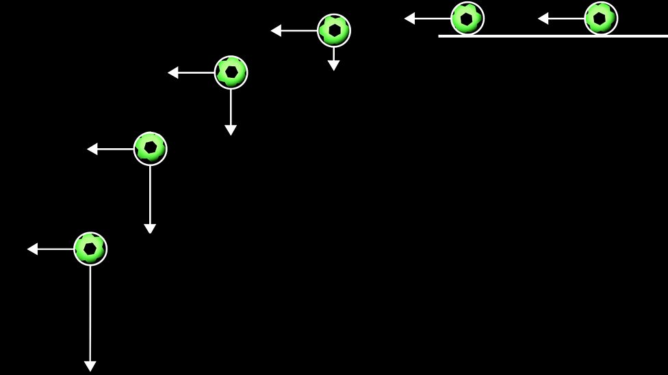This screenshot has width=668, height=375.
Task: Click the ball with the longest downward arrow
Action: click(x=90, y=249)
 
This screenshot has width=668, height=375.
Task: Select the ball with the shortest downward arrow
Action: click(x=334, y=31)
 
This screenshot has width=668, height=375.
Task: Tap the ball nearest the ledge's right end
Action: click(x=601, y=18)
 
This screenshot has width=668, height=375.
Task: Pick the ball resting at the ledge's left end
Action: click(x=467, y=18)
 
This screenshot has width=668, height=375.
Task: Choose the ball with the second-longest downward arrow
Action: click(x=150, y=148)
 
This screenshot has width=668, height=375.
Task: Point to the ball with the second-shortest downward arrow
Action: click(x=231, y=72)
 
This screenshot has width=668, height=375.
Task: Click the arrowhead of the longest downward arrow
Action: click(x=90, y=366)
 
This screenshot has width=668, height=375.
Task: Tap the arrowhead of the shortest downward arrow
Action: click(x=333, y=66)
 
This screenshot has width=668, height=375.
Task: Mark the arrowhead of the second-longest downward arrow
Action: click(x=150, y=229)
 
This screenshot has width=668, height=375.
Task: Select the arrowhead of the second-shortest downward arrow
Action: click(x=231, y=130)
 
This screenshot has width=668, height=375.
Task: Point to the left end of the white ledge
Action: click(x=440, y=36)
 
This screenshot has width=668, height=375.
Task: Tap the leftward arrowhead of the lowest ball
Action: click(x=32, y=249)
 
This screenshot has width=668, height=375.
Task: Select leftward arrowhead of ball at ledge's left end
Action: click(x=409, y=18)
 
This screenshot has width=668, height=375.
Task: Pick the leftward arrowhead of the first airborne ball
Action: click(x=276, y=31)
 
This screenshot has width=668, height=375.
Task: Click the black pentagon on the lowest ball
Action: click(x=90, y=249)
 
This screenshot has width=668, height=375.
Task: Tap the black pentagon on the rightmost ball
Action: click(x=600, y=18)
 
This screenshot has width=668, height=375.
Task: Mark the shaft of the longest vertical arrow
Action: click(x=90, y=314)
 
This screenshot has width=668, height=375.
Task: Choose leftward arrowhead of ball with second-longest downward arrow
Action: click(x=92, y=149)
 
